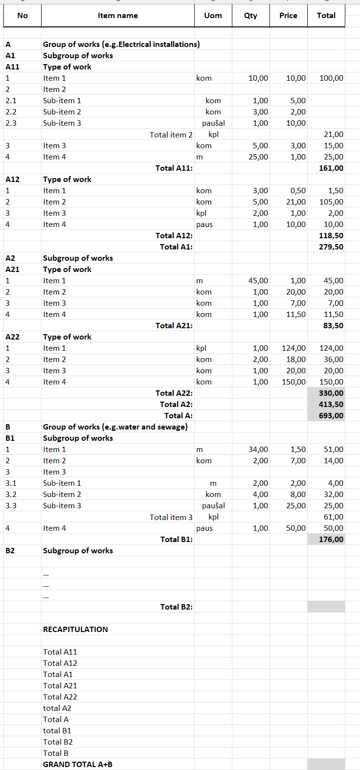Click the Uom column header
pos(213,16)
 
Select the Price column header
pos(288,16)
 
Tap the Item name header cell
pos(117,16)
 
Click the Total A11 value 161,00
pos(331,168)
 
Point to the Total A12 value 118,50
pos(331,236)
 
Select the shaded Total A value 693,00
pos(331,416)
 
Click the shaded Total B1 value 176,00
pos(331,540)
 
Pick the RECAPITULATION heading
pos(75,630)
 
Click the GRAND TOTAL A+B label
pos(77,765)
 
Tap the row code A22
pos(13,337)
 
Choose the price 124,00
pos(293,348)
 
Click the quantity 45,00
pos(258,281)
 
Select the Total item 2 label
pos(171,135)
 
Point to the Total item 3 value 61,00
pos(333,517)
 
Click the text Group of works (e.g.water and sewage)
pos(115,427)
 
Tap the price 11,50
pos(295,315)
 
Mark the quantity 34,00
pos(258,450)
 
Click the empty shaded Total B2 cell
pos(326,607)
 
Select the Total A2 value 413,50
pos(331,405)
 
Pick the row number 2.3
pos(11,123)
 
